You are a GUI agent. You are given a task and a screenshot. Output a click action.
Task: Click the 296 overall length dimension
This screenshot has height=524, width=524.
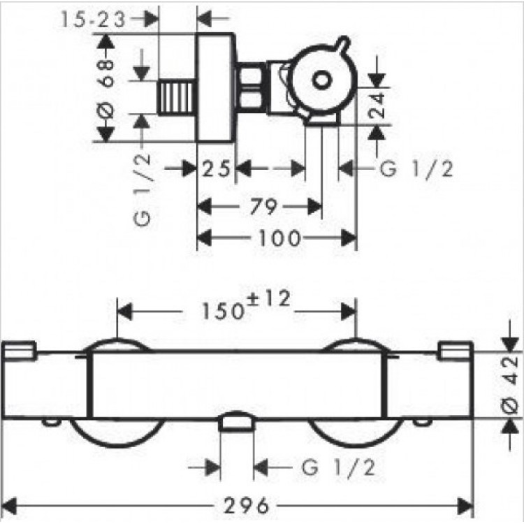coord(247,505)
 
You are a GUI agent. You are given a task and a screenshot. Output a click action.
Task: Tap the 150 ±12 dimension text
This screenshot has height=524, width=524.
coord(246,305)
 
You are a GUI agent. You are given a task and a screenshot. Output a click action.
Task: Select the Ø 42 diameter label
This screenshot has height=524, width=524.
coord(510,385)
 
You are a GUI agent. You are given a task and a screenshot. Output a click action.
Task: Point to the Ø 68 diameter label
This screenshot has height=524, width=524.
coord(107,88)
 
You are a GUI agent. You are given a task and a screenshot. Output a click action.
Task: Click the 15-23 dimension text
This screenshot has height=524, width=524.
coord(93,20)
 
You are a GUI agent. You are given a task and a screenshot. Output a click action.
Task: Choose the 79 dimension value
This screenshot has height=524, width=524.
coord(263,207)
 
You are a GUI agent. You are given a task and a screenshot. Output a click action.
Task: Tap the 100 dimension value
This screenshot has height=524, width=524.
coord(279,238)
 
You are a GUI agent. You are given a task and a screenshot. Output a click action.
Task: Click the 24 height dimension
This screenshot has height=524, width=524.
coord(377,105)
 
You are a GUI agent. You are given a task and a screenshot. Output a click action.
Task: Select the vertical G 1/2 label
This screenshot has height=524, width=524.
coord(143,191)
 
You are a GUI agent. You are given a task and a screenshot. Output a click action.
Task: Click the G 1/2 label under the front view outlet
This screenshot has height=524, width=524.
coord(339,467)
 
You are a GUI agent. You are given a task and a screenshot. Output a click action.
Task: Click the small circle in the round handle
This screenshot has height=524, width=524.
coord(321,80)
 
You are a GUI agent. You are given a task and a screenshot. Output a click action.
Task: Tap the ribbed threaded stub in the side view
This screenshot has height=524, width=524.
coord(177,98)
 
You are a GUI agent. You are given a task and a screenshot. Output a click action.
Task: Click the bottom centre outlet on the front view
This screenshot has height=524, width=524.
coord(236,422)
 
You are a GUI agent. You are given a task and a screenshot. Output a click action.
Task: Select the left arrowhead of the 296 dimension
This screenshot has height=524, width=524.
coord(8,506)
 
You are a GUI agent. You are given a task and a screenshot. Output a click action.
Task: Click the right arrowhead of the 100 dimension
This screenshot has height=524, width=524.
coord(349,238)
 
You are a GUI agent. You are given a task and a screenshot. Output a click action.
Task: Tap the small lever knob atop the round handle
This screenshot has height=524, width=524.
coord(344,42)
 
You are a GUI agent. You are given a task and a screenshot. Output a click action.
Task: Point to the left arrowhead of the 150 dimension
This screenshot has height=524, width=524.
coord(125,312)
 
